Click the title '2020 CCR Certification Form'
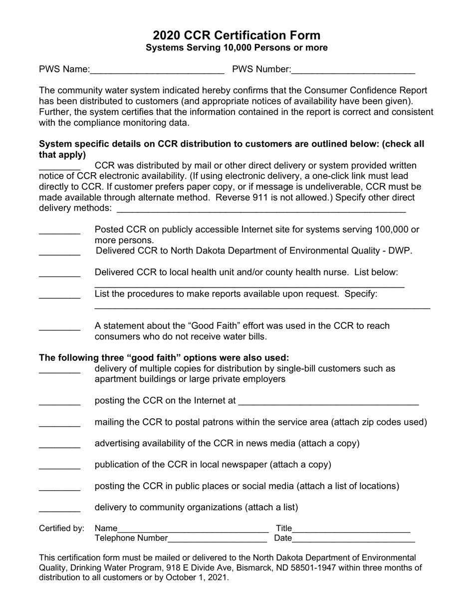(x=237, y=35)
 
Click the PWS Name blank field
(x=157, y=70)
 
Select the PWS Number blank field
(x=353, y=70)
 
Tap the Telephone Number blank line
(x=218, y=539)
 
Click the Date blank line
(x=353, y=539)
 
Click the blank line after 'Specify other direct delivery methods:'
(x=260, y=209)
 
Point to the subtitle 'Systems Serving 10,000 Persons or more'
(x=237, y=48)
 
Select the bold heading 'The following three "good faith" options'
(x=164, y=358)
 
